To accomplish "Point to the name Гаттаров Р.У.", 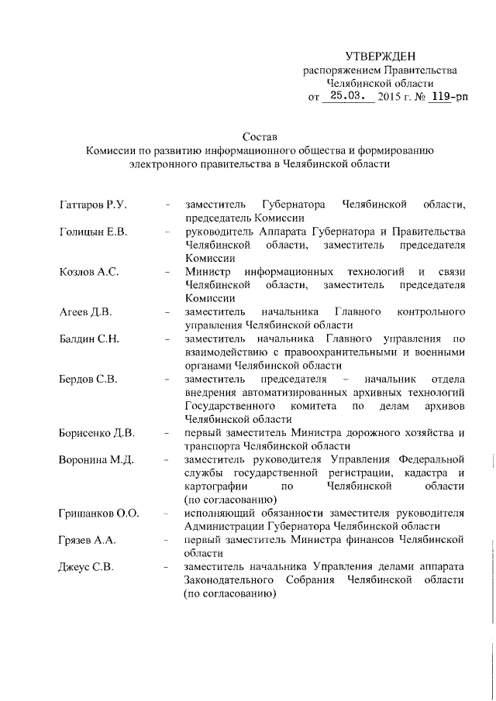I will click(x=93, y=204).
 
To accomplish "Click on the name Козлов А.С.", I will click(x=88, y=272).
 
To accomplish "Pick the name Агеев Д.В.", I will click(x=86, y=312).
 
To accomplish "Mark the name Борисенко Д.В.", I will click(x=97, y=433).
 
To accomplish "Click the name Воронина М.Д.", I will click(x=96, y=460).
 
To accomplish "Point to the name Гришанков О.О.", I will click(x=98, y=514).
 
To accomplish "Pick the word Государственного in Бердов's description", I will click(x=230, y=406).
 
